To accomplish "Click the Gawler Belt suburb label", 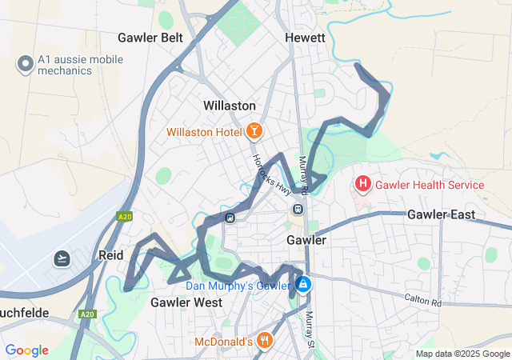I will coord(150,38).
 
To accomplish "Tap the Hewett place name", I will coord(305,38).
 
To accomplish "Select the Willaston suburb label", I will coord(230,106).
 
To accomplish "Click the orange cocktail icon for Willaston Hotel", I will coord(254,130).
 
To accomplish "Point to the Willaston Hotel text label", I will coord(205,131).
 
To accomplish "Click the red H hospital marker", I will coord(363,185).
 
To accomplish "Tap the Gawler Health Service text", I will coord(430,185).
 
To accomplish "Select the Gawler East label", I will coord(441,214).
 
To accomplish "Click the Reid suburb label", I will coord(110,254).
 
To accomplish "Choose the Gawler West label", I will coord(186,302).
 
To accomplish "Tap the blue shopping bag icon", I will coord(303,284).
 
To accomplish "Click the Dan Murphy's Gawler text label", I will coord(238,286).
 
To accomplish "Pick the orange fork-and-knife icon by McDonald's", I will coord(266,342).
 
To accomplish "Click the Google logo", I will coord(26,350).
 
